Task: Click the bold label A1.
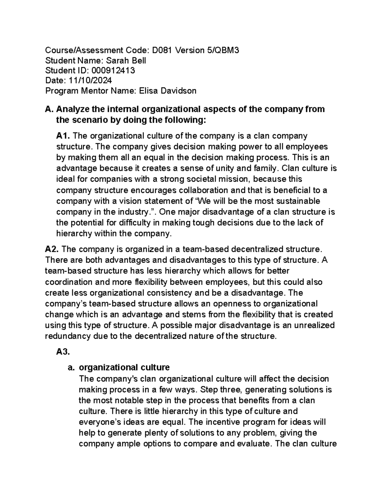pyautogui.click(x=63, y=136)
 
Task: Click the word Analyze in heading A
pyautogui.click(x=73, y=109)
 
